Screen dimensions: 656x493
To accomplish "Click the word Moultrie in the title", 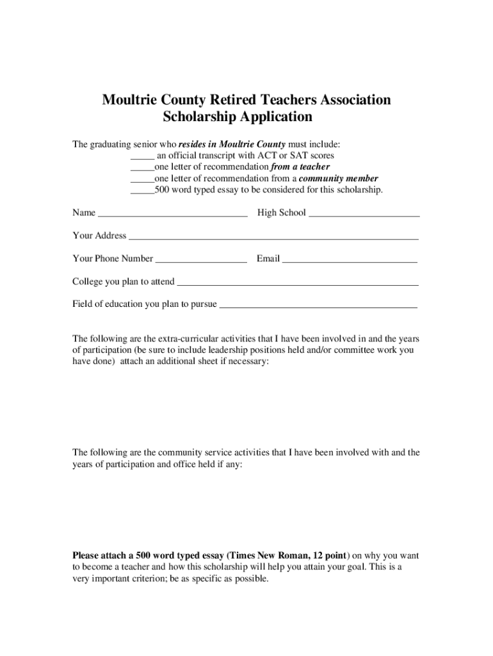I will [131, 100].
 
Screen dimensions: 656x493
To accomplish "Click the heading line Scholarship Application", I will [238, 117].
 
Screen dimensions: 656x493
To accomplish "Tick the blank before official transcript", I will [142, 156].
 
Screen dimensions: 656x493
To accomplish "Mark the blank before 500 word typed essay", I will [142, 190].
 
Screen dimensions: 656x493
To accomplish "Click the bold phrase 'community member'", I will [339, 179].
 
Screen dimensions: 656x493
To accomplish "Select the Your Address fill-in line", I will [273, 236].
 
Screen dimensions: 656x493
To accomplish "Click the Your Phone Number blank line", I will [201, 259].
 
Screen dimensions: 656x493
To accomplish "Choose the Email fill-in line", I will [350, 259].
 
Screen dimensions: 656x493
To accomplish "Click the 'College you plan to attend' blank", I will [298, 283].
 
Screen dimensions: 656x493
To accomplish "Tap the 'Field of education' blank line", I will [318, 305].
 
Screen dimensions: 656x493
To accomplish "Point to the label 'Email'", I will [268, 259].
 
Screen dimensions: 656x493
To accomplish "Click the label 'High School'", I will [282, 213].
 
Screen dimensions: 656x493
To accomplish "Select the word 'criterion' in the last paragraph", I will [147, 578].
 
